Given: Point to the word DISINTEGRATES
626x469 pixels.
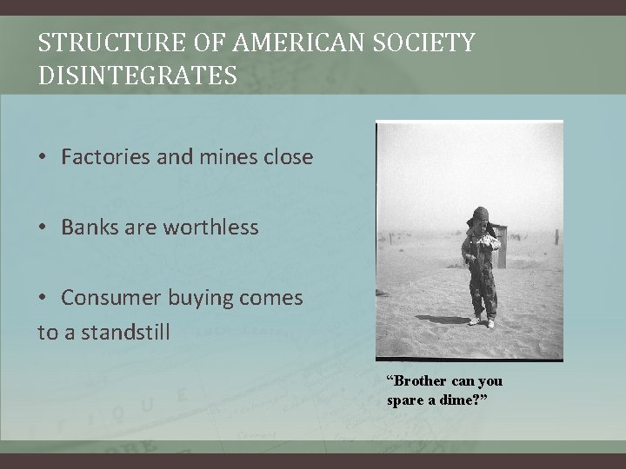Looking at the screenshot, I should [x=137, y=76].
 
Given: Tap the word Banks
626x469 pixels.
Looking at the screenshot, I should [x=90, y=228].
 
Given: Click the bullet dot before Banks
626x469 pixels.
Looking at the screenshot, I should [x=43, y=228].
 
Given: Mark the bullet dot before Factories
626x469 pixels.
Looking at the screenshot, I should [x=43, y=158].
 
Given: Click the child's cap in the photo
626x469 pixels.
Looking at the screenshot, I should [x=479, y=215].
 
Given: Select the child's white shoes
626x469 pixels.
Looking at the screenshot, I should [x=481, y=320].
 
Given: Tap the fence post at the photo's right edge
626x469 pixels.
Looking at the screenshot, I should [x=556, y=236].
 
